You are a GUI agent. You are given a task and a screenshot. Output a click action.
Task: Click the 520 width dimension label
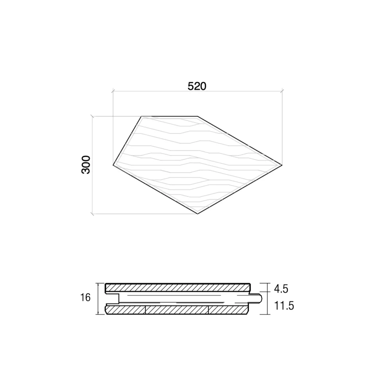pyautogui.click(x=197, y=86)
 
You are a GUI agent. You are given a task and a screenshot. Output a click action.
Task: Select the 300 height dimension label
pyautogui.click(x=86, y=165)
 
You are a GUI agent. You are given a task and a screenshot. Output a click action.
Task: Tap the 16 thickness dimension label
pyautogui.click(x=85, y=298)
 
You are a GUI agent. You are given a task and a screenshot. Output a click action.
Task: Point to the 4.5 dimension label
pyautogui.click(x=281, y=289)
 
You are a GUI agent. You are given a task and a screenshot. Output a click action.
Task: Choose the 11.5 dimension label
pyautogui.click(x=284, y=306)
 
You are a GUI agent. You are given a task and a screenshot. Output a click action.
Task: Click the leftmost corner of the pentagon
pyautogui.click(x=113, y=165)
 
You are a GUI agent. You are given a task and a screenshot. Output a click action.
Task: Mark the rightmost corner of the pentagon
pyautogui.click(x=282, y=165)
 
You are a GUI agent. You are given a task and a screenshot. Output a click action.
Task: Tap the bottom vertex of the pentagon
pyautogui.click(x=198, y=213)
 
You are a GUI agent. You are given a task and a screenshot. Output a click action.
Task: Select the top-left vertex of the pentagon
pyautogui.click(x=142, y=116)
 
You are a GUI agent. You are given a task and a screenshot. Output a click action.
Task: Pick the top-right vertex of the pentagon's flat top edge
pyautogui.click(x=197, y=116)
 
